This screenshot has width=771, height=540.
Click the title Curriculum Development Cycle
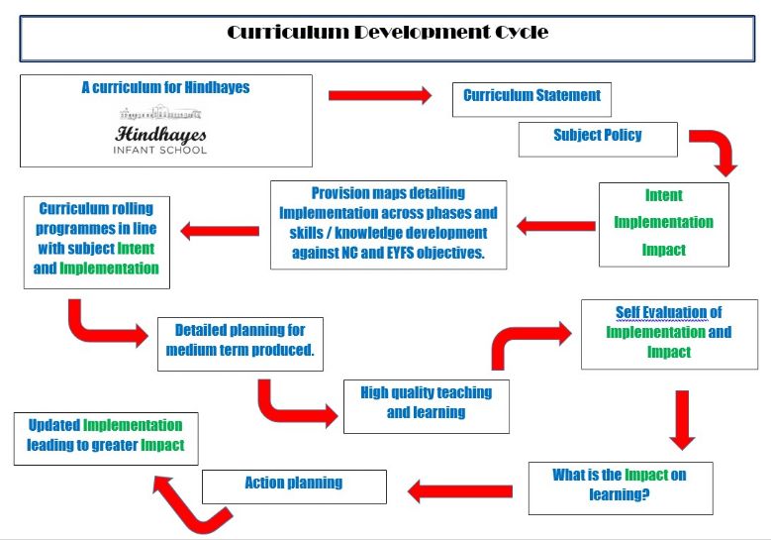387,33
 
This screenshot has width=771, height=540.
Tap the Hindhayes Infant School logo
160,130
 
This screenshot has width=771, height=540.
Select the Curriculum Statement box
531,99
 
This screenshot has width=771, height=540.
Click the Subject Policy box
598,140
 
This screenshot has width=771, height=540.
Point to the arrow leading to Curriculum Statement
380,95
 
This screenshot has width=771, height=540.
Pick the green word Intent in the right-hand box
664,195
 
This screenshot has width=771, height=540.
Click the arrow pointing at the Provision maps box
555,226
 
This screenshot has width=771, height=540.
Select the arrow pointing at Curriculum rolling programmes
220,231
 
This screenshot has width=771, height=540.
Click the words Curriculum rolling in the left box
96,209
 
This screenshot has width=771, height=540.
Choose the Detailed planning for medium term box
240,344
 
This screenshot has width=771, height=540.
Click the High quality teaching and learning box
427,406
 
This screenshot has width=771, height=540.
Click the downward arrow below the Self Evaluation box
682,420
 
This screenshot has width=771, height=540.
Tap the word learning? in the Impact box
620,494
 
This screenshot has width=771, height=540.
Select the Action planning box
294,486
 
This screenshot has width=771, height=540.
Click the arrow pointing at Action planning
460,491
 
